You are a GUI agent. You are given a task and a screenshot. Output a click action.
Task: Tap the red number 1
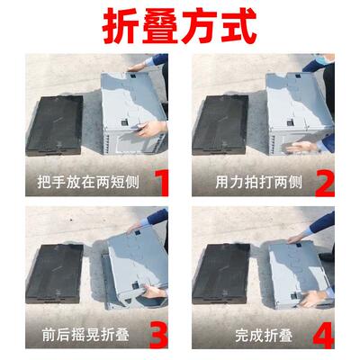click(x=162, y=184)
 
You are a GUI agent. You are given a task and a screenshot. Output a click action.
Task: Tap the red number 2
click(x=324, y=184)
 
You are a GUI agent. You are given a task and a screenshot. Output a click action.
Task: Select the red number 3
click(x=159, y=337)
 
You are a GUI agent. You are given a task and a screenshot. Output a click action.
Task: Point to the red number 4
click(x=324, y=337)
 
